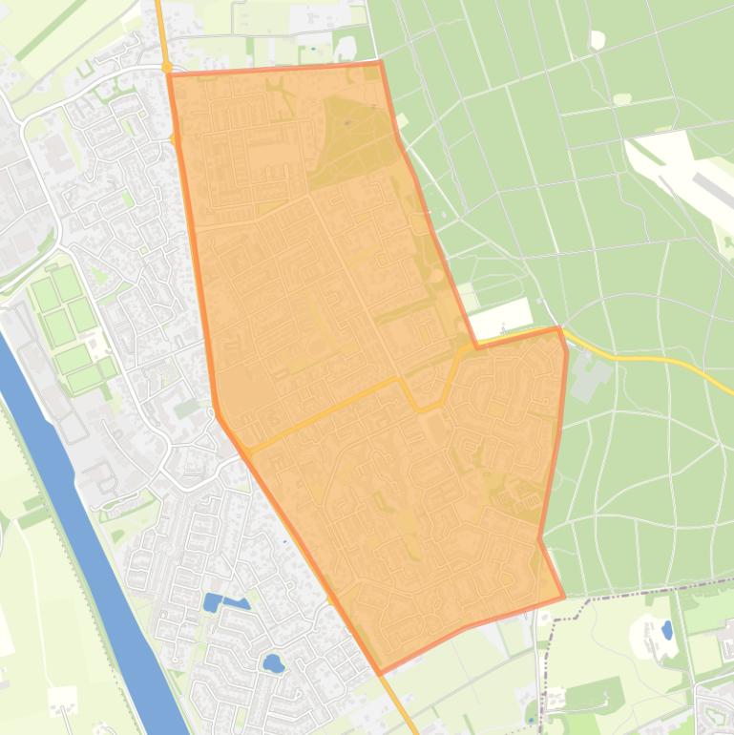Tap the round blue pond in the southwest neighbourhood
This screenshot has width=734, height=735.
click(272, 662)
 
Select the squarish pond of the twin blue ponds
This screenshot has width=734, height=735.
click(212, 602)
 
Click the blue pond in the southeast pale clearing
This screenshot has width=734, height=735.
click(666, 630)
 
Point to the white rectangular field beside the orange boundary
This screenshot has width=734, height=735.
click(502, 317)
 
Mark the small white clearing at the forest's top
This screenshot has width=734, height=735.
click(598, 39)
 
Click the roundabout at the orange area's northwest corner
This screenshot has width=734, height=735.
click(167, 68)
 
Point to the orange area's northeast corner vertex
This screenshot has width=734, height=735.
click(381, 62)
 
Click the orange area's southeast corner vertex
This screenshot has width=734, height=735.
click(564, 598)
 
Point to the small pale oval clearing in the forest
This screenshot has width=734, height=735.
click(622, 98)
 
